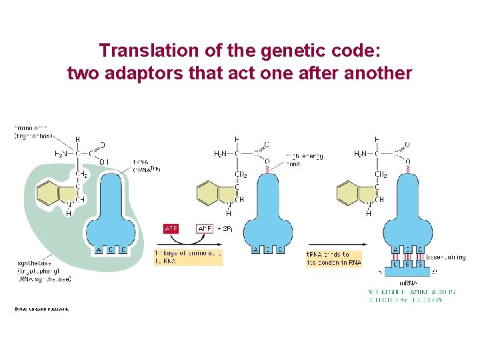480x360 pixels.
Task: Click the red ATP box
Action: pos(171,229)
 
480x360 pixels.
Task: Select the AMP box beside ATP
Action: pos(205,229)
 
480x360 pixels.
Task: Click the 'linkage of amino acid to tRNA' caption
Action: pos(188,257)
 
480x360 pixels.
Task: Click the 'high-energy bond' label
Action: pos(305,160)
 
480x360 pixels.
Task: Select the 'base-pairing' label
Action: pos(445,257)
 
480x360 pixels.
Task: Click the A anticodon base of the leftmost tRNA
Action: pos(99,250)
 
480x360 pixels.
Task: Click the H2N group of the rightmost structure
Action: pos(363,154)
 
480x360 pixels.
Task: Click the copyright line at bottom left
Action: pos(42,309)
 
